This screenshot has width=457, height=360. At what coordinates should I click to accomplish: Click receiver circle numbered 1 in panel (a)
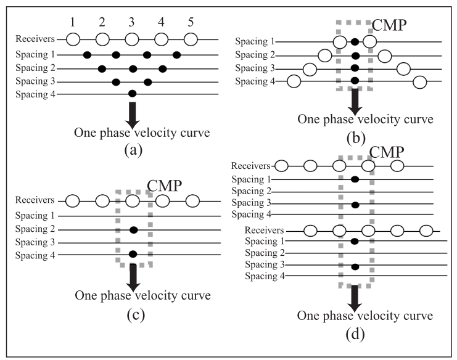tap(73, 39)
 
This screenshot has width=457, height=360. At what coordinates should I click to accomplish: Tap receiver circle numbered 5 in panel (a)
tap(191, 39)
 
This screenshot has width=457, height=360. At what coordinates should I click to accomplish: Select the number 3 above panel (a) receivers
tap(131, 22)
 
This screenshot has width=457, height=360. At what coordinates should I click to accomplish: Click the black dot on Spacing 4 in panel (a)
tap(131, 94)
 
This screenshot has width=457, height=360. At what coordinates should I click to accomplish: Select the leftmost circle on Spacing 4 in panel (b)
tap(295, 81)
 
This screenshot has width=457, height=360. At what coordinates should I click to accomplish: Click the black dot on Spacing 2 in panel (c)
tap(133, 229)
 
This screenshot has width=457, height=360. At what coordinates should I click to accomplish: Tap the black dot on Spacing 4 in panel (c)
tap(133, 253)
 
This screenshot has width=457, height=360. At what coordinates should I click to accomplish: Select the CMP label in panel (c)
tap(165, 186)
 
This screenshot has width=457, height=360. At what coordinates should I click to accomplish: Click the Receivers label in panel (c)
tap(35, 201)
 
